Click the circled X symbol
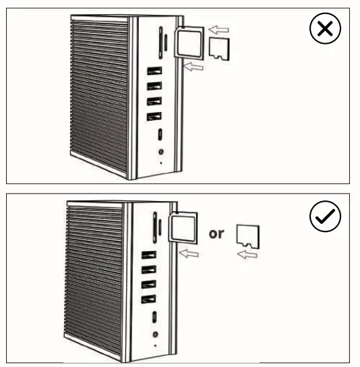click(325, 30)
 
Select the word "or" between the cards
click(216, 234)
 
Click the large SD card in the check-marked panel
click(182, 227)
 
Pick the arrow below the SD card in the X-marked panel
click(193, 66)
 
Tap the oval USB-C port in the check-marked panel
click(154, 317)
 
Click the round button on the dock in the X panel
click(160, 152)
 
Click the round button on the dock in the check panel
click(156, 334)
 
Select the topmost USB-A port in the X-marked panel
click(153, 71)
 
